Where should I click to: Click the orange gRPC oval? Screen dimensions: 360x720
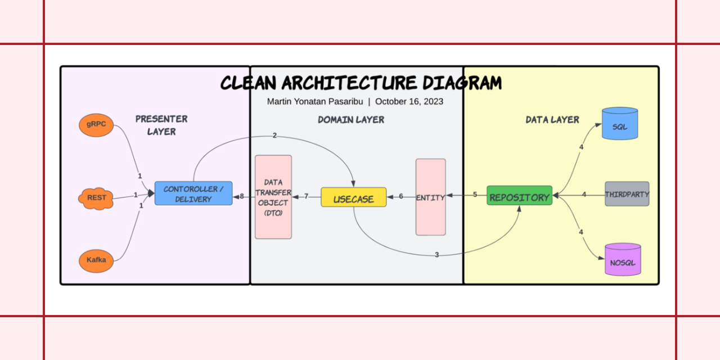coord(96,124)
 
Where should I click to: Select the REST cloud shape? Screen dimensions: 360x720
coord(96,198)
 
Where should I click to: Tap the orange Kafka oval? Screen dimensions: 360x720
coord(96,260)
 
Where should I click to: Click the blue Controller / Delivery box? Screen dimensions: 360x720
coord(193,193)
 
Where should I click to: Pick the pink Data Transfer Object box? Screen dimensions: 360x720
coord(273,197)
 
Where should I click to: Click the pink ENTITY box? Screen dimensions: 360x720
coord(430,197)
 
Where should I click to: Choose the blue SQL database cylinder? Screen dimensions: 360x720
coord(619,124)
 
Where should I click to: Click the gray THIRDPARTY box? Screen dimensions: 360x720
coord(627,194)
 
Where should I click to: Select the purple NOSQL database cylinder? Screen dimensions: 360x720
coord(623,259)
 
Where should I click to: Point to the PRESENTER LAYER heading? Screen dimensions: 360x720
coord(161,125)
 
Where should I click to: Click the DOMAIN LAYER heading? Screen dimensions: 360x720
coord(351,120)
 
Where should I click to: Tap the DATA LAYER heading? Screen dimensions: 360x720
coord(552,120)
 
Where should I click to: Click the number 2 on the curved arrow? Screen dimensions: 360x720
coord(274,136)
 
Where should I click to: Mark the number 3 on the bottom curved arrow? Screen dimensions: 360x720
coord(436,255)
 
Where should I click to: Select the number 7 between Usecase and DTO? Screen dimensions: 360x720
coord(307,196)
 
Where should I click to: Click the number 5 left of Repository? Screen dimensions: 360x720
coord(475,195)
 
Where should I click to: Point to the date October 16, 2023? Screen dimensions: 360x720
coord(409,102)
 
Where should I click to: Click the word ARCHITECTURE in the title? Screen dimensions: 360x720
coord(349,83)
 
